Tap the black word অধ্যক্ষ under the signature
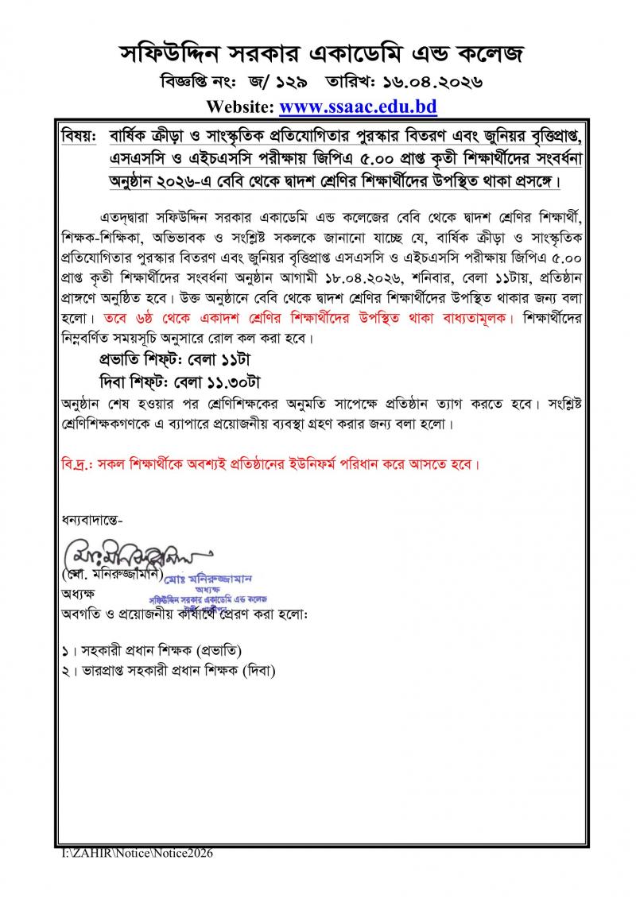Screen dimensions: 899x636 (x=78, y=593)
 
